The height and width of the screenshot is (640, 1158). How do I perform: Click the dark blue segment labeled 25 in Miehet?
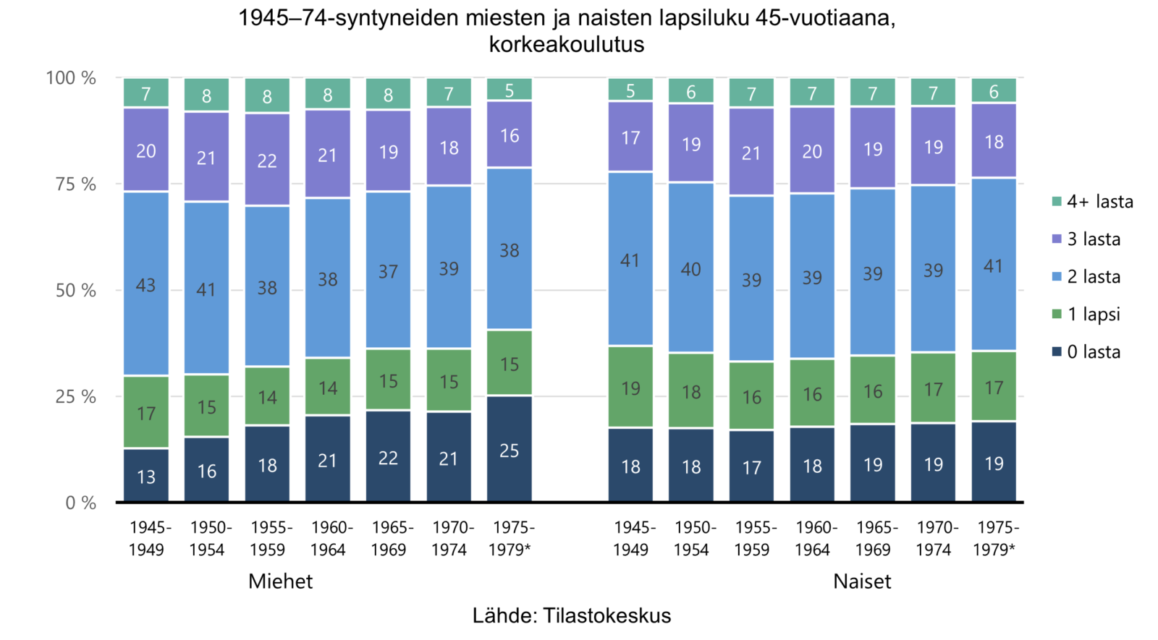pos(510,449)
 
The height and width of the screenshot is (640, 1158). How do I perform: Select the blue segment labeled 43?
pos(145,283)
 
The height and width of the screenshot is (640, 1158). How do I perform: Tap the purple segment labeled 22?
pos(267,160)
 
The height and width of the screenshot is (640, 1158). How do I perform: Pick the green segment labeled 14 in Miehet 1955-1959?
pos(267,396)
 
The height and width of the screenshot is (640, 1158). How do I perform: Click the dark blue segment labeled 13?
pos(145,475)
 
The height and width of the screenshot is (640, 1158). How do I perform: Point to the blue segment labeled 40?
pos(690,268)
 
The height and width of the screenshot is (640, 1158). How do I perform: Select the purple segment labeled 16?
pos(510,135)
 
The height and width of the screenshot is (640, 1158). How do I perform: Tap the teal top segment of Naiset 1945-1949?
pos(630,90)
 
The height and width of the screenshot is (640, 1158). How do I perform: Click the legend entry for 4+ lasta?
pos(1092,202)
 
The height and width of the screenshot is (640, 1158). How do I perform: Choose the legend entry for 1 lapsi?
pos(1086,314)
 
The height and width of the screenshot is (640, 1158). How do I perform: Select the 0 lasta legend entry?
pos(1086,351)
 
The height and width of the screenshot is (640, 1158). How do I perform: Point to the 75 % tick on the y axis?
pos(75,184)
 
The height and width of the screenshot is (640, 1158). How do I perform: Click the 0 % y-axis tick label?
pos(80,503)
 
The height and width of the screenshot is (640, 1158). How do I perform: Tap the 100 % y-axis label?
pos(71,78)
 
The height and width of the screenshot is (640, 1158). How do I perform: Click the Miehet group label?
pos(280,581)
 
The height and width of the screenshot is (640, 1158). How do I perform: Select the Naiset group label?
pos(862,581)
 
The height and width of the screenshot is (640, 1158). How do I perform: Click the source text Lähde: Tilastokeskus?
pos(572,615)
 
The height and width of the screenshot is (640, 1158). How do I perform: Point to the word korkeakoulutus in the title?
pos(567,44)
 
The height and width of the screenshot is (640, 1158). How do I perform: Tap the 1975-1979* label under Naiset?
pos(994,539)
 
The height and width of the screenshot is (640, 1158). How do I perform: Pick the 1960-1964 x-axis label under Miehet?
pos(329,539)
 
